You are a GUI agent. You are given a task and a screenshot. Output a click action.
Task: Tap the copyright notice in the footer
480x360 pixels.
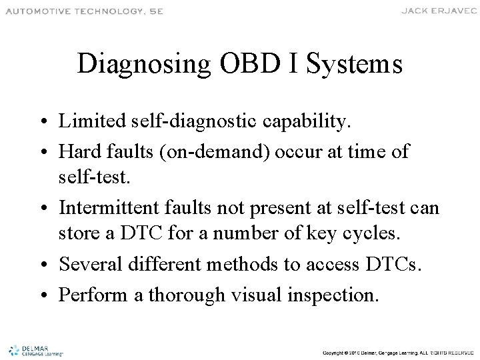click(396, 351)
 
